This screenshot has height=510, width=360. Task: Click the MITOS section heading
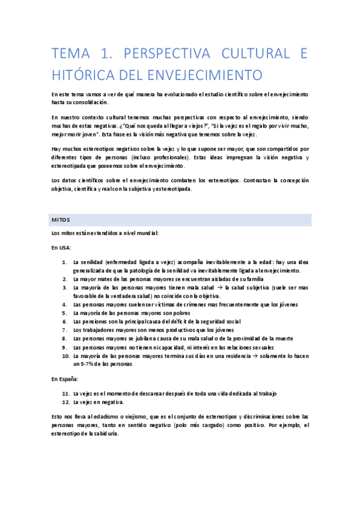(x=61, y=220)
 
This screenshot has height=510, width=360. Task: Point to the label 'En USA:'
(x=61, y=247)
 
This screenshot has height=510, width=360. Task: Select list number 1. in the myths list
(x=65, y=262)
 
